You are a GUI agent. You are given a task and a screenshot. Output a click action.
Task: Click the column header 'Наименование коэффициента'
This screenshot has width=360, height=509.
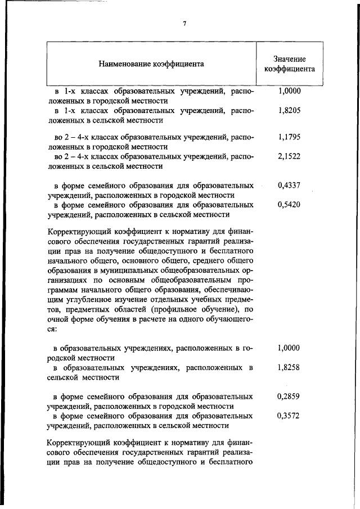coord(151,64)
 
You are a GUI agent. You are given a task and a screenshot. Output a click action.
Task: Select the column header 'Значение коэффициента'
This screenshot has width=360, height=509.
coord(289,64)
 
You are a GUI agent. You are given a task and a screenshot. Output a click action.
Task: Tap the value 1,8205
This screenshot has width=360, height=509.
coord(289,111)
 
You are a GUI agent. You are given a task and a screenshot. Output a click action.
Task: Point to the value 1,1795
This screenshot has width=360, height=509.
coord(289,137)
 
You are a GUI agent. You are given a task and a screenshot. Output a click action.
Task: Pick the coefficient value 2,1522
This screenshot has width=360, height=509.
coord(289,157)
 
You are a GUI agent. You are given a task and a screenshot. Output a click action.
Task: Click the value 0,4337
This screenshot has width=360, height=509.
coord(289,184)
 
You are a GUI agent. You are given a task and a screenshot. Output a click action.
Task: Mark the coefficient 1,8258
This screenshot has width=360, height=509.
coord(289,368)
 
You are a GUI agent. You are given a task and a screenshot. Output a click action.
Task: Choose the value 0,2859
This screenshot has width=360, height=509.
coord(289,396)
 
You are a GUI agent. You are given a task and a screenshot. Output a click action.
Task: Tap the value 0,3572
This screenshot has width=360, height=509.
coord(289,416)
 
